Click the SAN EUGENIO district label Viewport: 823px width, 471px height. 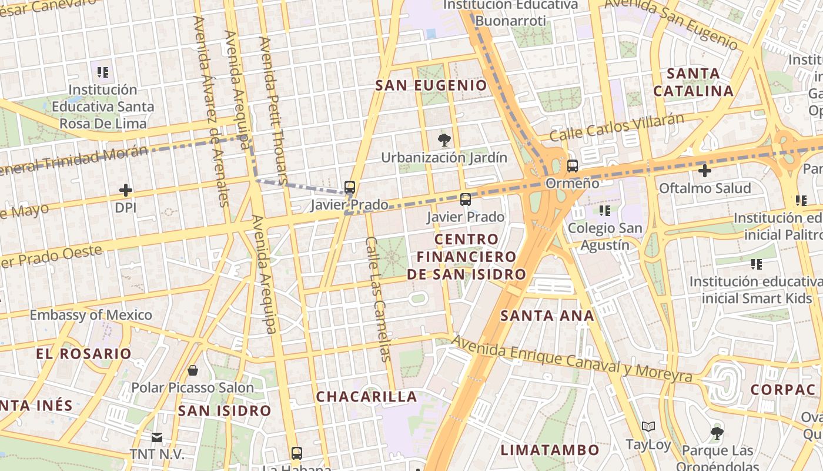coord(431,85)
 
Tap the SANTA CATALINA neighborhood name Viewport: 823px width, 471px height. coord(694,82)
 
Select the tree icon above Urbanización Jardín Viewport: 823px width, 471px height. coord(444,140)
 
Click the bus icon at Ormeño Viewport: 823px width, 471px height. coord(573,166)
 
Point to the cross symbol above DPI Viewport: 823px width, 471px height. coord(125,190)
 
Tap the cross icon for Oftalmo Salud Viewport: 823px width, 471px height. coord(704,171)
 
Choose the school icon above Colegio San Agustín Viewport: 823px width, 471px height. coord(605,210)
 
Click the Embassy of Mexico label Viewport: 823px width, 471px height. coord(91,315)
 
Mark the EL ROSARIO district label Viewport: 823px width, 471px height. coord(83,354)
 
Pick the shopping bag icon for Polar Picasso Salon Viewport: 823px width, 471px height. coord(192,370)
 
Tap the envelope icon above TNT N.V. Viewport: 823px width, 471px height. coord(157,437)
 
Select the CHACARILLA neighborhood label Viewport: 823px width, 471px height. coord(367,397)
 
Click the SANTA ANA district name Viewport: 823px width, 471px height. coord(547,316)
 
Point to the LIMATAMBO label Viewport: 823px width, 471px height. coord(550,450)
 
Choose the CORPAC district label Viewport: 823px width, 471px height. coord(782,390)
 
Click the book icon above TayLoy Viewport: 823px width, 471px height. coord(648,426)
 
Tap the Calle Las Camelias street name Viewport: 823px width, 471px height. coord(378,298)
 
